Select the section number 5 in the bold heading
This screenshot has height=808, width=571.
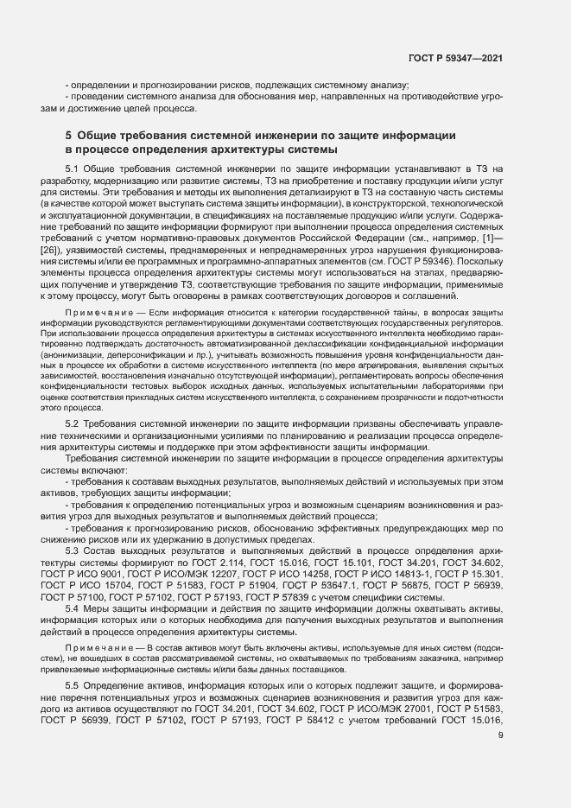click(x=68, y=135)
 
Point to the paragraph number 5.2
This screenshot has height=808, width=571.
click(x=73, y=423)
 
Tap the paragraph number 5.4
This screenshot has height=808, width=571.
click(x=73, y=609)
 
